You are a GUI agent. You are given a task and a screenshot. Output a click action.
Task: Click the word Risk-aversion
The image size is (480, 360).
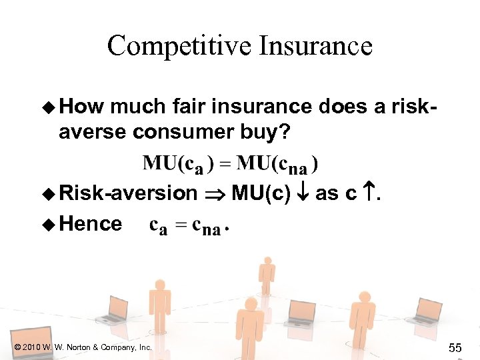tap(128, 193)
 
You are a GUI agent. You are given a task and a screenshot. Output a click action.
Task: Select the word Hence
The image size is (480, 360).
tap(90, 223)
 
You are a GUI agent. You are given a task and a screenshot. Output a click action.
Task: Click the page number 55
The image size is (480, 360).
tap(455, 347)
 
